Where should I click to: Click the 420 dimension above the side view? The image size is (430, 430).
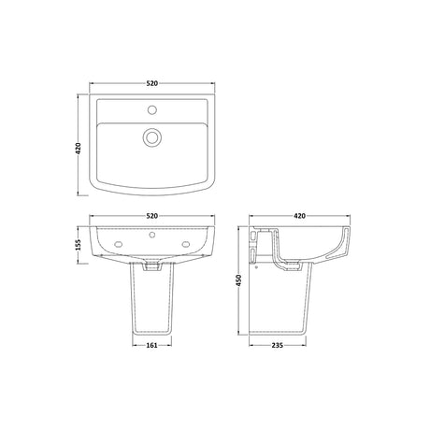(x=299, y=216)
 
